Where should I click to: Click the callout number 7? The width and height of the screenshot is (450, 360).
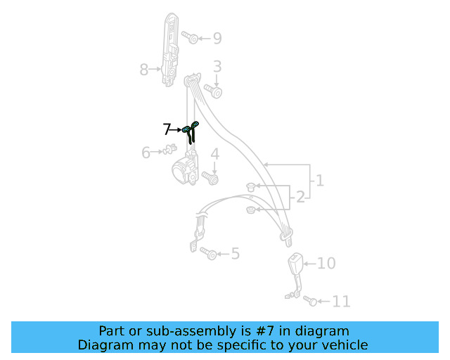coord(167,129)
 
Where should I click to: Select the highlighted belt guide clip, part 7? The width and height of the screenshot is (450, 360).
coord(190,131)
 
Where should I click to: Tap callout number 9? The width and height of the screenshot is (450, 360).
coord(217,38)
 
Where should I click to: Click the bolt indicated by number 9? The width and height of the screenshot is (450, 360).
coord(189,37)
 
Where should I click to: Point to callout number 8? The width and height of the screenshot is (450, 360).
coord(143,69)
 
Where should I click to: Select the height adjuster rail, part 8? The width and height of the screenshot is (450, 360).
coord(170,49)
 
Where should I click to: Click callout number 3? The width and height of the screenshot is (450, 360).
coord(217,66)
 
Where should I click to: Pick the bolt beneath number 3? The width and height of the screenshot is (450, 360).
coord(213,91)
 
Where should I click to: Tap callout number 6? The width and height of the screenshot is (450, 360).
coord(146,152)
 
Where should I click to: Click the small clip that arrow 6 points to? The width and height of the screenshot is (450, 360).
coord(169,149)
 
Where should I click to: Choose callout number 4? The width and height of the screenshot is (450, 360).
coord(215,154)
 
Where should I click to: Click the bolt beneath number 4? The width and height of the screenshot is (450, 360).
coord(210,178)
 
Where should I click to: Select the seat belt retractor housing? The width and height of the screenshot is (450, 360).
coord(186,169)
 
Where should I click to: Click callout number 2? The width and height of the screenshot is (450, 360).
coord(300,197)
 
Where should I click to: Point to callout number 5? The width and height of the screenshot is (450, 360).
coord(236,254)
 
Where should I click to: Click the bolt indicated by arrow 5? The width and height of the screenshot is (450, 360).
coord(208,253)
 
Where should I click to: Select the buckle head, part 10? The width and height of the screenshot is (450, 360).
coord(295,262)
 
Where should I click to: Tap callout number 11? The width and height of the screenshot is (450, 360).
coord(341,302)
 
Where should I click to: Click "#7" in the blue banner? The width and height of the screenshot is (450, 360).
coord(265,331)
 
